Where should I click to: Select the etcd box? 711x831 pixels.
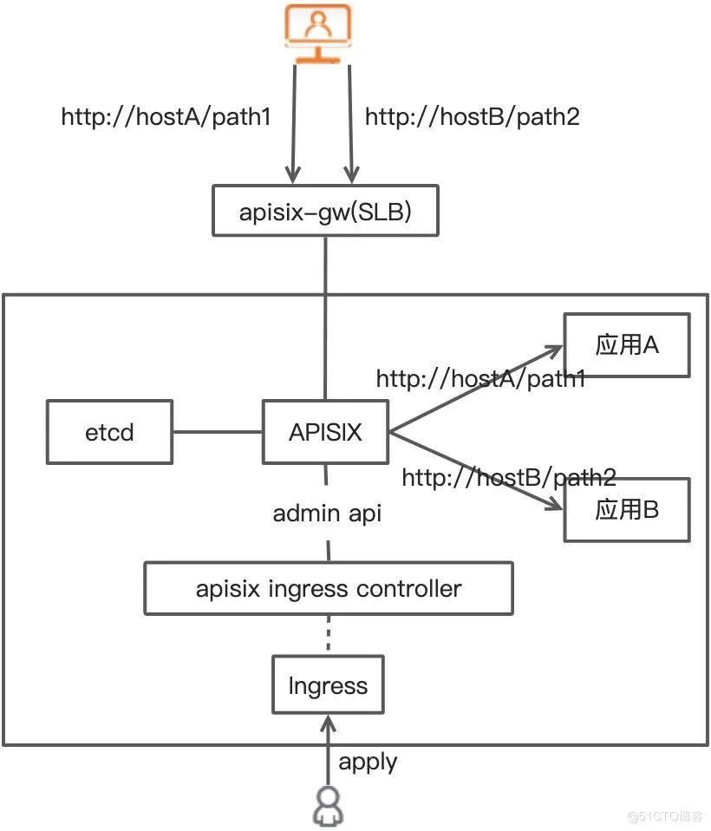(109, 431)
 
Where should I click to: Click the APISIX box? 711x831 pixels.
(325, 431)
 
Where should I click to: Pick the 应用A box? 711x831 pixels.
(627, 345)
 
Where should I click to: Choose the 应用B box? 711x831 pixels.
(627, 509)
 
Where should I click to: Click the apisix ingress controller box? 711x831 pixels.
(329, 589)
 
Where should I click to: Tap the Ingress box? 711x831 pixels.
(328, 686)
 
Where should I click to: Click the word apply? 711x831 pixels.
(368, 762)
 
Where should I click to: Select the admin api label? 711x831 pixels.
(327, 513)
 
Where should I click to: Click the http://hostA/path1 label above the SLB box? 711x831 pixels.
(166, 117)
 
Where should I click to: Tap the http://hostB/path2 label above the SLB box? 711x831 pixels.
(472, 117)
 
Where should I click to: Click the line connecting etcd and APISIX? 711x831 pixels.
(218, 431)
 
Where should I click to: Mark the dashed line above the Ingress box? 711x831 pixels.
(328, 636)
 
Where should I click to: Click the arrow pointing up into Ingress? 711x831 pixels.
(327, 746)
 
